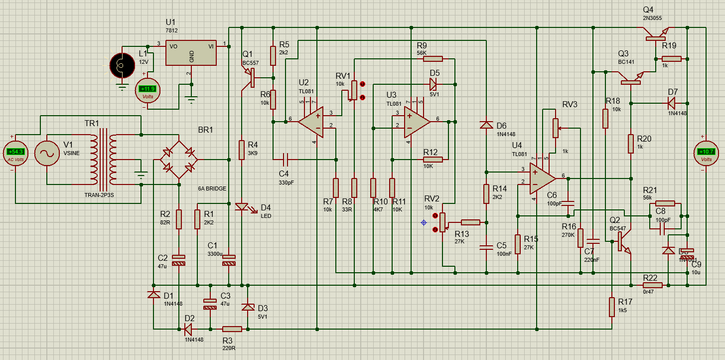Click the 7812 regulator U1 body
[191, 52]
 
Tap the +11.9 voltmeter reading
[149, 89]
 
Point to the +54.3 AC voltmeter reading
[15, 151]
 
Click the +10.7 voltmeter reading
[707, 152]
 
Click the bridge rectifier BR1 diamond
[178, 159]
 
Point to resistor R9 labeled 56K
[433, 59]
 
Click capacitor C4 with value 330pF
[285, 160]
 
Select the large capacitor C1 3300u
[229, 260]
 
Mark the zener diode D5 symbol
[433, 84]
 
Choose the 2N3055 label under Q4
[652, 18]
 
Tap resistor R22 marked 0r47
[652, 285]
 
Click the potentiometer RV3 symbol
[555, 128]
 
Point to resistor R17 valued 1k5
[611, 307]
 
